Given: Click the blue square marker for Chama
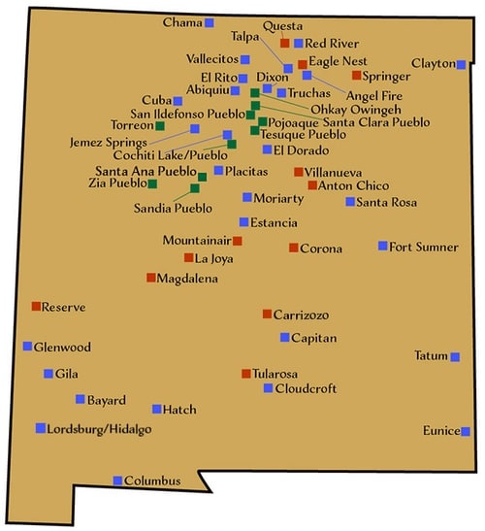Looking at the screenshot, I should [210, 21].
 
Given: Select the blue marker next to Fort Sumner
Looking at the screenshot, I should [382, 246].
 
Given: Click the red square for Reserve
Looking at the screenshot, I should [35, 306].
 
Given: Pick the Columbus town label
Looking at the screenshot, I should [154, 481].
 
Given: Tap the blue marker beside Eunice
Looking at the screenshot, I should [466, 431].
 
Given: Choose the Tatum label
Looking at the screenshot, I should [430, 355].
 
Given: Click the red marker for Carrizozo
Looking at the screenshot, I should [267, 314].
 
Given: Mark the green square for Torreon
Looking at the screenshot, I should [160, 125].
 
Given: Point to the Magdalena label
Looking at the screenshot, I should [188, 278].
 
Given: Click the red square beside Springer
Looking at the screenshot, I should [357, 75].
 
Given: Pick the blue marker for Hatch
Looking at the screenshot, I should [156, 409].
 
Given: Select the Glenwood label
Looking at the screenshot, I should [63, 347].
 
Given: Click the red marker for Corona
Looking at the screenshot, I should [293, 248].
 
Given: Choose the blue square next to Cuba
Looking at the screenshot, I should [178, 100].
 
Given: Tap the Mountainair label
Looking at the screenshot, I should [196, 240].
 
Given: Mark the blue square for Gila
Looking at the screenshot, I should [48, 374].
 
